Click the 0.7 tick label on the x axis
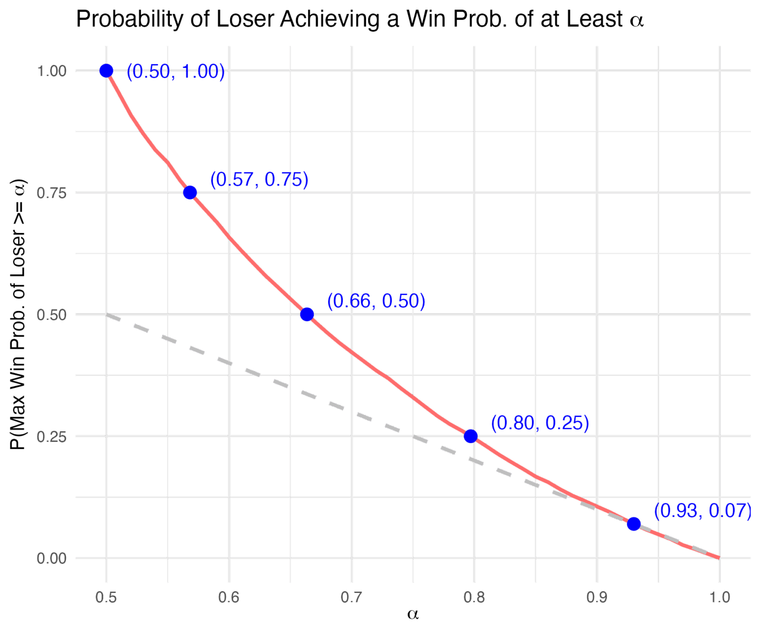pos(352,597)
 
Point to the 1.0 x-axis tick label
pos(719,597)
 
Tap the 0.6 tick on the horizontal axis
pos(229,597)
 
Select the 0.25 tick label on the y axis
pos(52,436)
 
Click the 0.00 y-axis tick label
pos(52,558)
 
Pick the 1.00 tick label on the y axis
pos(52,71)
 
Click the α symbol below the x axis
pos(413,615)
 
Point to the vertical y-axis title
pos(19,315)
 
